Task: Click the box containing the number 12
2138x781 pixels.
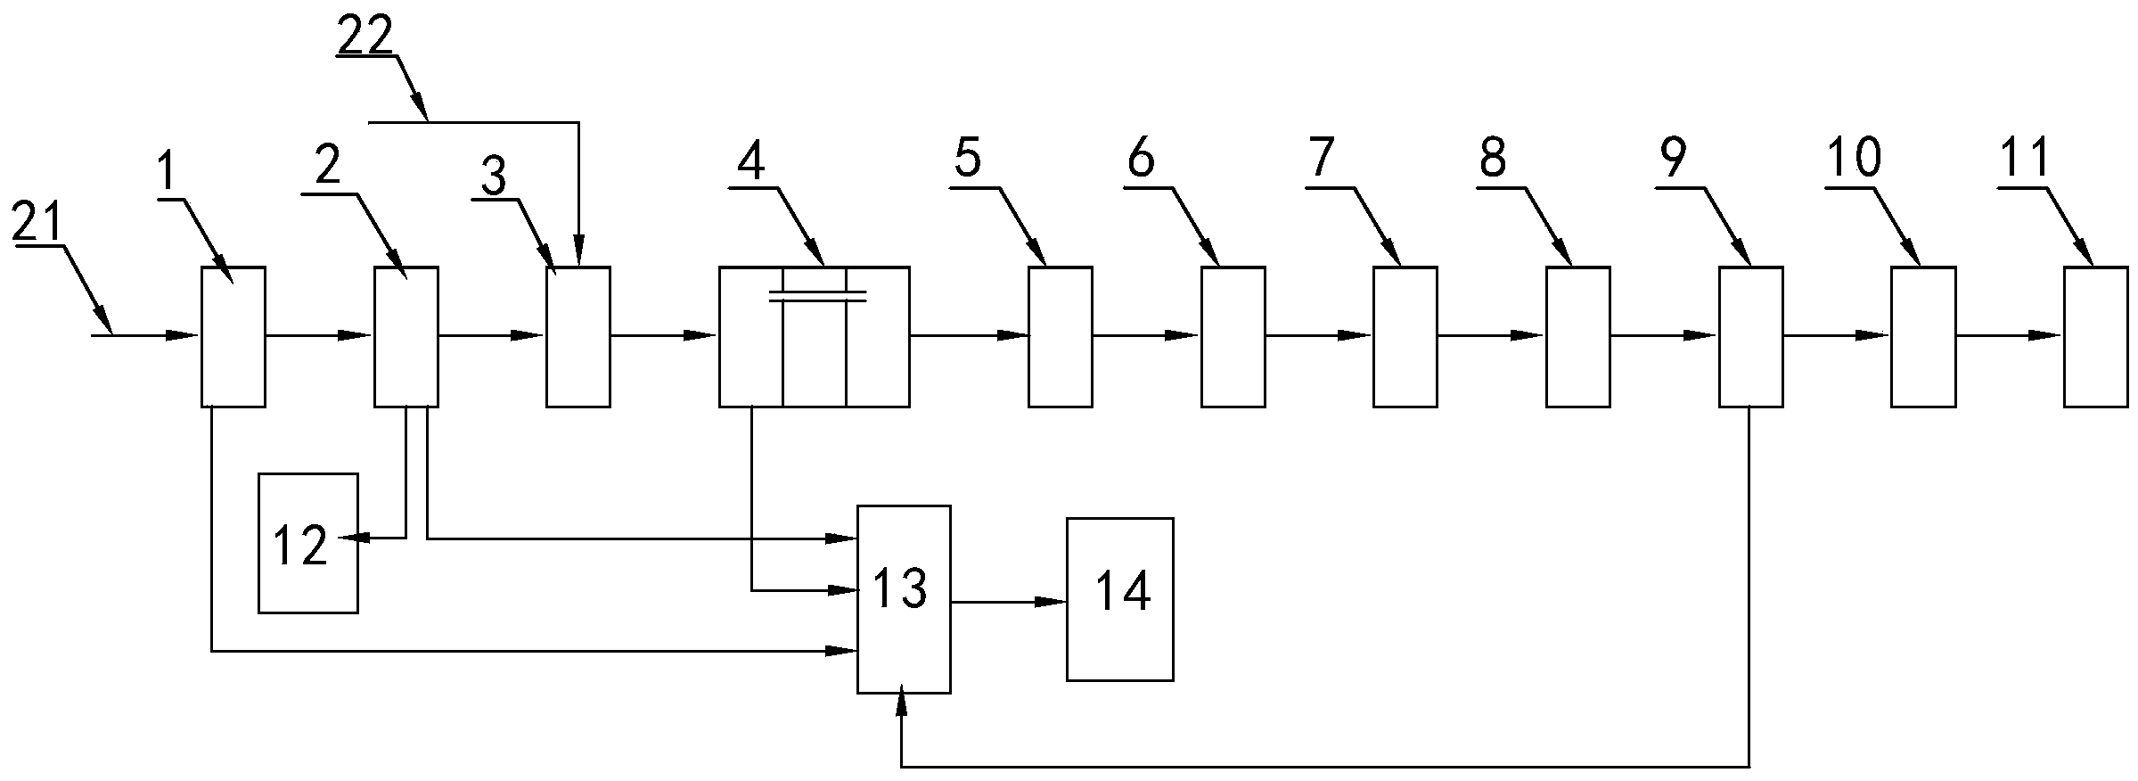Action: [308, 543]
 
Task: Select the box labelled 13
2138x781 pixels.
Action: [903, 599]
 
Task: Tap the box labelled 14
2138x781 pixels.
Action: [1119, 599]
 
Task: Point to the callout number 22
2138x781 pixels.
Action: [365, 38]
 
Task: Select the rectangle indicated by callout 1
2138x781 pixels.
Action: [233, 336]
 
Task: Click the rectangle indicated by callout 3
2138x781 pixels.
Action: [578, 336]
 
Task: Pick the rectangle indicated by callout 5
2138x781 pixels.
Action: [1060, 336]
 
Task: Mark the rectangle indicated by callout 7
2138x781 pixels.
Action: [1405, 336]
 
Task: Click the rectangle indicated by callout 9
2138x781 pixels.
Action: [1750, 336]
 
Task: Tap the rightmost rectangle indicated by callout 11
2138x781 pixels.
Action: [2095, 336]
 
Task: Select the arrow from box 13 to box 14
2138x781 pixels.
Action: [1008, 603]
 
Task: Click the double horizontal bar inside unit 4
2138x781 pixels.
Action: [817, 296]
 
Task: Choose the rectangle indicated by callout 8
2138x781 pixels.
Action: [1577, 336]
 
